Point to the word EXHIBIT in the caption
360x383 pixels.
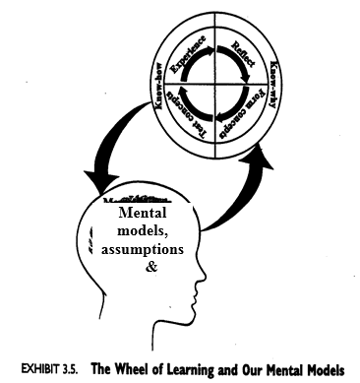point(44,370)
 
